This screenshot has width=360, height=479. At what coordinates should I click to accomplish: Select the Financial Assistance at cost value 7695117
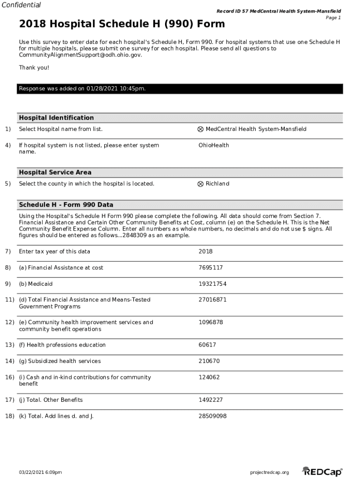click(210, 268)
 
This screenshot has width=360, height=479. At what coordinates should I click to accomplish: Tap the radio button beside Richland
click(201, 184)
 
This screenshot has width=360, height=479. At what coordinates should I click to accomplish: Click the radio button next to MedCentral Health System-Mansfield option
click(201, 129)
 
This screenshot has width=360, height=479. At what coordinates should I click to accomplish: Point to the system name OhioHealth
click(214, 145)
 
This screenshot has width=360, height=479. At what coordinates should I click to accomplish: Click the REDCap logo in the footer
click(322, 472)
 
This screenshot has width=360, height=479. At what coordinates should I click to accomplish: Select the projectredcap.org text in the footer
click(270, 472)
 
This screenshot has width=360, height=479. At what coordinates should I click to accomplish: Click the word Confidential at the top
click(21, 5)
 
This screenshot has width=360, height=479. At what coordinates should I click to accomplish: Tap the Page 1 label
click(333, 18)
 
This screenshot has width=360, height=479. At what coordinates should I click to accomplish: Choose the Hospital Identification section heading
click(56, 118)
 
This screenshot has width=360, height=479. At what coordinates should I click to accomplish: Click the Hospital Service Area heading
click(55, 173)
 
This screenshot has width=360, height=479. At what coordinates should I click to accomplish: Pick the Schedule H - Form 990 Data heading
click(66, 205)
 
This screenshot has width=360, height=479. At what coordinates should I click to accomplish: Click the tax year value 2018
click(205, 251)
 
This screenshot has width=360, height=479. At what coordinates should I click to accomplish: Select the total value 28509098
click(212, 416)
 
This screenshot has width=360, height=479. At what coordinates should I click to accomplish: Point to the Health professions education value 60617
click(207, 345)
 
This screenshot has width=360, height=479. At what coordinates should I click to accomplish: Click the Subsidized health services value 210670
click(209, 361)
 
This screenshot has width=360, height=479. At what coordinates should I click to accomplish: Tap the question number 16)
click(9, 377)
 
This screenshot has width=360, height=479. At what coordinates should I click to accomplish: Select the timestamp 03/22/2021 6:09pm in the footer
click(40, 472)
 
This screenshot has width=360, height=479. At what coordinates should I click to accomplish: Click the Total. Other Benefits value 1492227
click(210, 400)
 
